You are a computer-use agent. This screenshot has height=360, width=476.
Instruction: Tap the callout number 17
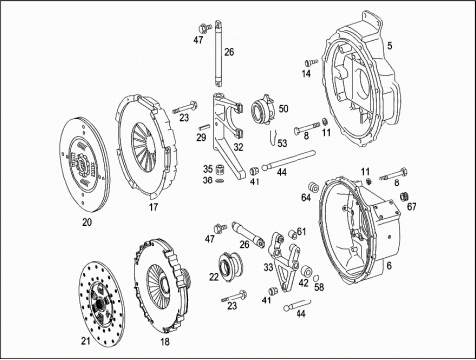(153, 207)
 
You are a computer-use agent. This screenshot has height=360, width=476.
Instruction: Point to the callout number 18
(165, 342)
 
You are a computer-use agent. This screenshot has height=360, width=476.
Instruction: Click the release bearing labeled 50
(264, 107)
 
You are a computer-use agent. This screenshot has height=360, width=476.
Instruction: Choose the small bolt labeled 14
(311, 62)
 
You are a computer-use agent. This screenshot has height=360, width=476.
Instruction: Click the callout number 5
(390, 46)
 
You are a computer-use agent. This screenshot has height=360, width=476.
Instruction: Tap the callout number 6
(389, 266)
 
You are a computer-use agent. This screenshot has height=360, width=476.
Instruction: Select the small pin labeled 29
(204, 126)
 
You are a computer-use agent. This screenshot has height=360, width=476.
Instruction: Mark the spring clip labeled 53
(272, 136)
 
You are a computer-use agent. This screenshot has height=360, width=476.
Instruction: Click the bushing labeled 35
(219, 170)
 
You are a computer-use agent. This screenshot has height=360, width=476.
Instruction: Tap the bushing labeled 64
(313, 187)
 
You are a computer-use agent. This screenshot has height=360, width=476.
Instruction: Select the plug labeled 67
(404, 196)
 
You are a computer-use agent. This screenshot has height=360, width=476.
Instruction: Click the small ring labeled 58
(316, 277)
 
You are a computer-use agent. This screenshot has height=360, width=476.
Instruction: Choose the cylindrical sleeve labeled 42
(307, 271)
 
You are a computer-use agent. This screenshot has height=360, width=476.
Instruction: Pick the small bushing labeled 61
(292, 234)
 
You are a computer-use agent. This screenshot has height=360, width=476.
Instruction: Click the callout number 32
(238, 147)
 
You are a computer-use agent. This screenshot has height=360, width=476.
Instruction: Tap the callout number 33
(268, 267)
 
